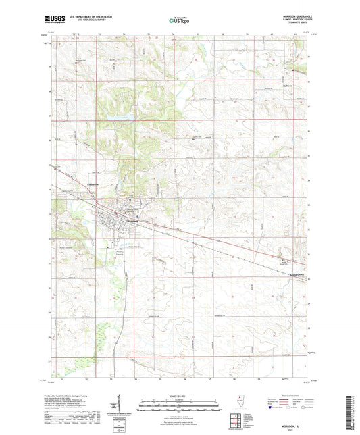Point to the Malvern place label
290,86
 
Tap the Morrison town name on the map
128,224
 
